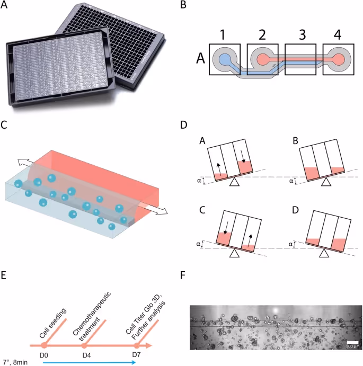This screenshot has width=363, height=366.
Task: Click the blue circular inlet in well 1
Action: pos(225,59)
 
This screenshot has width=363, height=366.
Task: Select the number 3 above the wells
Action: pos(302,34)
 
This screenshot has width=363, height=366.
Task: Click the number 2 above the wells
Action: pos(262,34)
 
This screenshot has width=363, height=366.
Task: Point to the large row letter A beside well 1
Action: pos(200,58)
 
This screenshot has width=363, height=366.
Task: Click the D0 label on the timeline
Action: pos(43,355)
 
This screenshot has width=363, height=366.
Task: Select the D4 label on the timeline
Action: pos(87,355)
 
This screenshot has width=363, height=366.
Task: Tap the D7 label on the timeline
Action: pos(136,355)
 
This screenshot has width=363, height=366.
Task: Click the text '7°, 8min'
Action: pos(14,362)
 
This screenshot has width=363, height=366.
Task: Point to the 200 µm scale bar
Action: pos(353,342)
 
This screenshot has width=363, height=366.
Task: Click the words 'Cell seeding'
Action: pos(53,323)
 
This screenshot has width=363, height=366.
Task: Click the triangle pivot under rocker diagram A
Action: pos(234,182)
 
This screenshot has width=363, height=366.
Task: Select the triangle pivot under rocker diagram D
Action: pos(324,253)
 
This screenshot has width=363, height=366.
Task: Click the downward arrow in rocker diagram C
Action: pos(225,228)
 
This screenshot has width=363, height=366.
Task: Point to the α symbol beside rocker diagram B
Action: pos(291,181)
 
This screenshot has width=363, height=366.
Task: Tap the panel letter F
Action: pos(183,275)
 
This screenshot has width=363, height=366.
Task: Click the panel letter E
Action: pos(3,275)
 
